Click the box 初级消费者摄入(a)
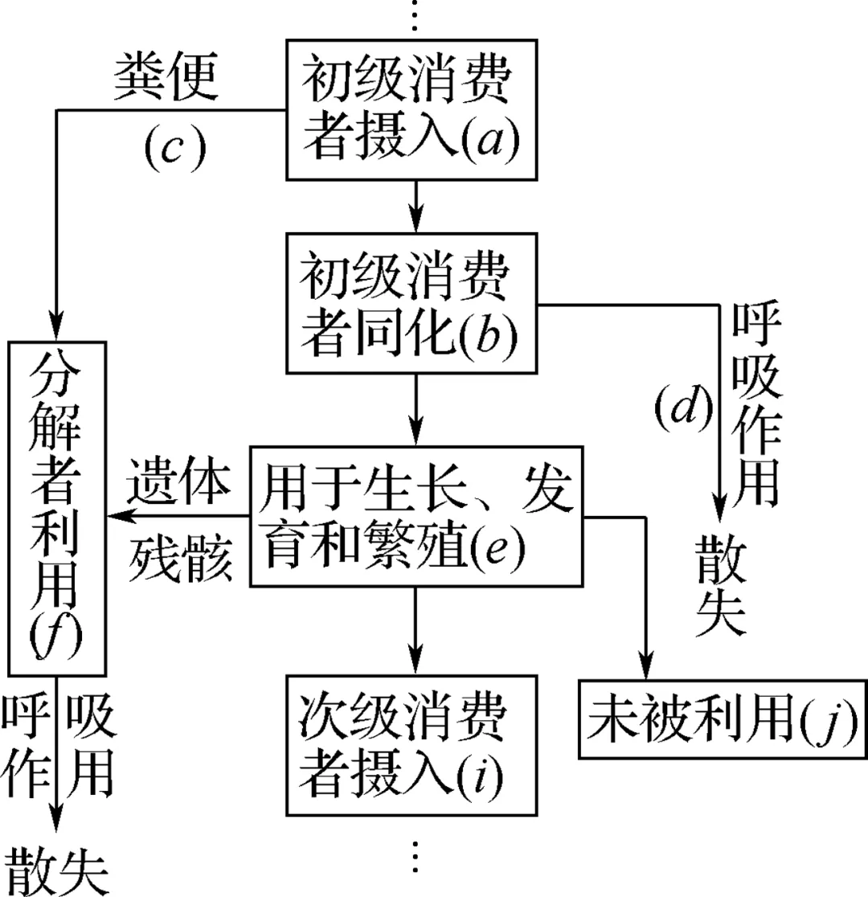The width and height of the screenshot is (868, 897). [x=413, y=110]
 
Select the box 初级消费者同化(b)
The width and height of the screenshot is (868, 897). [x=413, y=304]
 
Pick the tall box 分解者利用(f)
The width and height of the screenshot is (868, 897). [x=57, y=508]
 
